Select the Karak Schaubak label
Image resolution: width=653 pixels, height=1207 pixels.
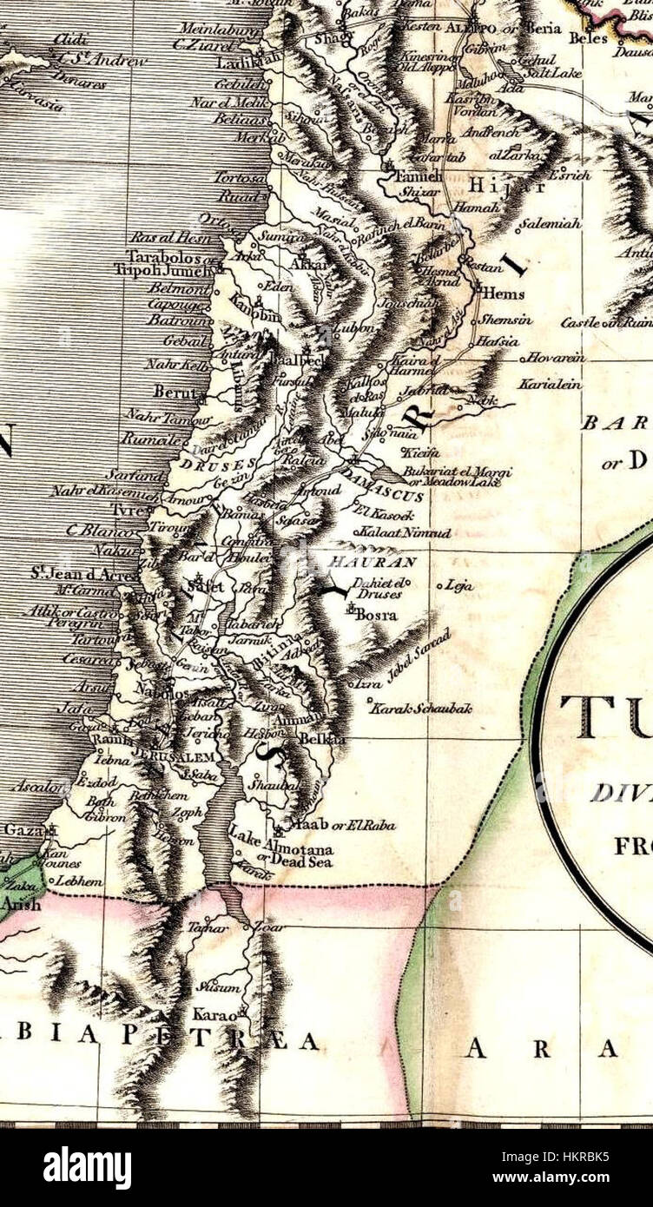[x=421, y=709]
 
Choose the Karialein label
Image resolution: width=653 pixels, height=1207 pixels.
[x=550, y=383]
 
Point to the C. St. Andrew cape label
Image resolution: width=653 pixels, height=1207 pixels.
[x=100, y=61]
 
